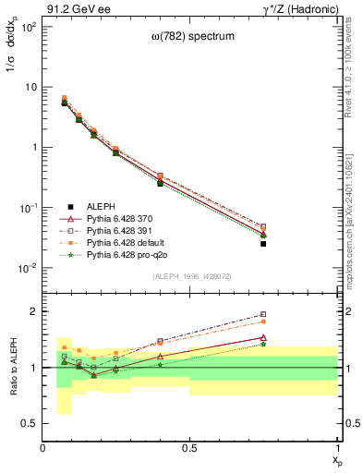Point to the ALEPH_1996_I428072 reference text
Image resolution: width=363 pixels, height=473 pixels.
(191, 275)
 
